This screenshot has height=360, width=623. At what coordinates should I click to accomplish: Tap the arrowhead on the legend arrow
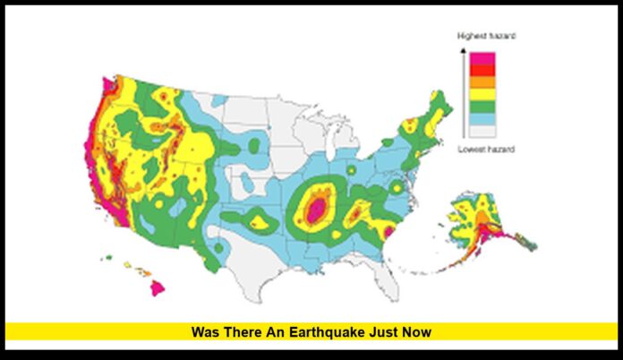[462, 50]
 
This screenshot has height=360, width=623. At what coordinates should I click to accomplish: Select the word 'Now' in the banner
[418, 332]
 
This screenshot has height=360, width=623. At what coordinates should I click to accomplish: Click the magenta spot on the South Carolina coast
[389, 233]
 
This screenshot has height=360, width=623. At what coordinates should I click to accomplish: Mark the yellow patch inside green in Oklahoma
[260, 219]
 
